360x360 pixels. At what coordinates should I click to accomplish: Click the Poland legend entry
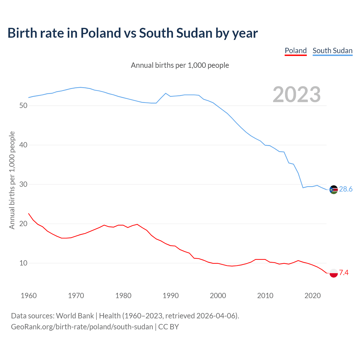296,51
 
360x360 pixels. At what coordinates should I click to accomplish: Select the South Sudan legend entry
332,51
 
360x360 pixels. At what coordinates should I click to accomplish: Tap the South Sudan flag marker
334,190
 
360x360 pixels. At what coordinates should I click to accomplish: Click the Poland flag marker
334,273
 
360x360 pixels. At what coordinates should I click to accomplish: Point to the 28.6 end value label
346,189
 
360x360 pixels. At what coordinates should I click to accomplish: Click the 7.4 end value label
344,273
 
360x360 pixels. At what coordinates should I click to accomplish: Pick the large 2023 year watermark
297,94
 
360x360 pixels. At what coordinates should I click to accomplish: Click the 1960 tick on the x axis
29,296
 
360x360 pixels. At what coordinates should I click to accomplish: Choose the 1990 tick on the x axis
171,296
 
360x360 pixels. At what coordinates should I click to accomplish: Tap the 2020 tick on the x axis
312,296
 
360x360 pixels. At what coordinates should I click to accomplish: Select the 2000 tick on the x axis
218,296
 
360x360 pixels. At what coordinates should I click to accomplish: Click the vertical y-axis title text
12,180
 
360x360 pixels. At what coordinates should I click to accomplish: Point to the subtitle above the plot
180,65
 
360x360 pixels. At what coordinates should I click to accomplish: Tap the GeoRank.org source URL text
82,327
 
